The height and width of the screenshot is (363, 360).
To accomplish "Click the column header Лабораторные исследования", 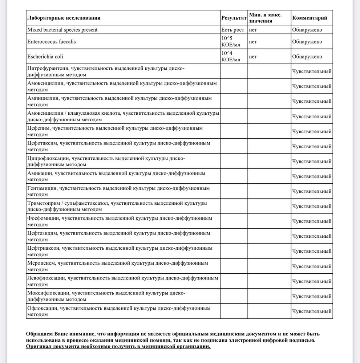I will [x=64, y=18].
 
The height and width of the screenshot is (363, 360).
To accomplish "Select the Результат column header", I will [x=234, y=18].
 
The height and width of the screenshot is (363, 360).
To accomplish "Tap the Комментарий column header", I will [x=310, y=18].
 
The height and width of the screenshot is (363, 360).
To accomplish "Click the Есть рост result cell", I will [x=233, y=30].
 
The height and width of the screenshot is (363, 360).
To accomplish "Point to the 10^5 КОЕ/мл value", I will [x=231, y=42].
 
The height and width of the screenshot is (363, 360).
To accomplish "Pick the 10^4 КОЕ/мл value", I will [x=231, y=57].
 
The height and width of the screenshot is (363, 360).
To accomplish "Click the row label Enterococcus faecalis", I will [x=52, y=42].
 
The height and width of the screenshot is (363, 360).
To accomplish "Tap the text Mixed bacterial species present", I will [x=62, y=30].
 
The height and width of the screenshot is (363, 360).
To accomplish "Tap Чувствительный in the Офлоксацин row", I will [x=312, y=311].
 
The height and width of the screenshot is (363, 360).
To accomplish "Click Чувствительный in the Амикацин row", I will [x=312, y=176].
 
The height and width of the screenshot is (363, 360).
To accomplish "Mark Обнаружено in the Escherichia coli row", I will [x=307, y=57].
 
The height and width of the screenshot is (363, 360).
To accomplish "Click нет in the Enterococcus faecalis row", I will [x=253, y=42].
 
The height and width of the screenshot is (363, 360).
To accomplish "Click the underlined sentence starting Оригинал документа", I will [x=118, y=347].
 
